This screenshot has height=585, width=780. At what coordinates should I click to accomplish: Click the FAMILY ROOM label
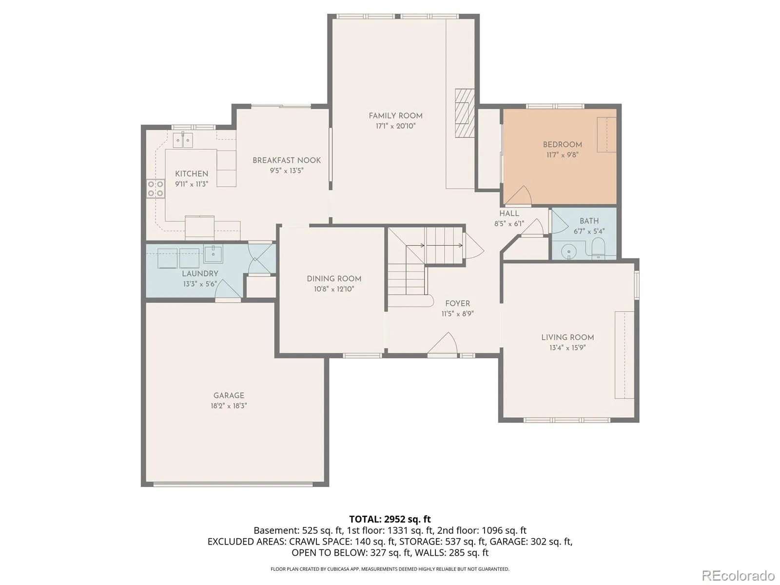coord(395,116)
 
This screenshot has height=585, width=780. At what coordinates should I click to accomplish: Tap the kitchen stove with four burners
coord(156,189)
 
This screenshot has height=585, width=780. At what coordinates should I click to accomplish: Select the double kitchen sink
coord(183,139)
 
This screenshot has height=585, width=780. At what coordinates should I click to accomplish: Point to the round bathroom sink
coord(568,252)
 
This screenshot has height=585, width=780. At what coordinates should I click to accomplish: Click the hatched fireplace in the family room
coord(465,113)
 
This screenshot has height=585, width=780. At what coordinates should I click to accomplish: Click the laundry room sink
coord(213,253)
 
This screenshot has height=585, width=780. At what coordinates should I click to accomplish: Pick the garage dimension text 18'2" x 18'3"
coord(229,406)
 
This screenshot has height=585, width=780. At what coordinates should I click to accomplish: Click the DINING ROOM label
coord(334,278)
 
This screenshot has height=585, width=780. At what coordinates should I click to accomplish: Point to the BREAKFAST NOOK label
coord(287,160)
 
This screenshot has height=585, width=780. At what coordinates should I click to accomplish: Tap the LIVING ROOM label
coord(567,337)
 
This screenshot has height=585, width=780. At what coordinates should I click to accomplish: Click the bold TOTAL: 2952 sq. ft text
coord(390,519)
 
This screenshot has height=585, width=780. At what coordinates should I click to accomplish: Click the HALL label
coord(509,213)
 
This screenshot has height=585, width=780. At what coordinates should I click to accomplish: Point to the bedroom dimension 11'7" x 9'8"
coord(562,155)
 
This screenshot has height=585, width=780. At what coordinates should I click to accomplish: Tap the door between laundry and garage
coord(228,290)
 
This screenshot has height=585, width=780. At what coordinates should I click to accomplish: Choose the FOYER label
coord(457,303)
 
